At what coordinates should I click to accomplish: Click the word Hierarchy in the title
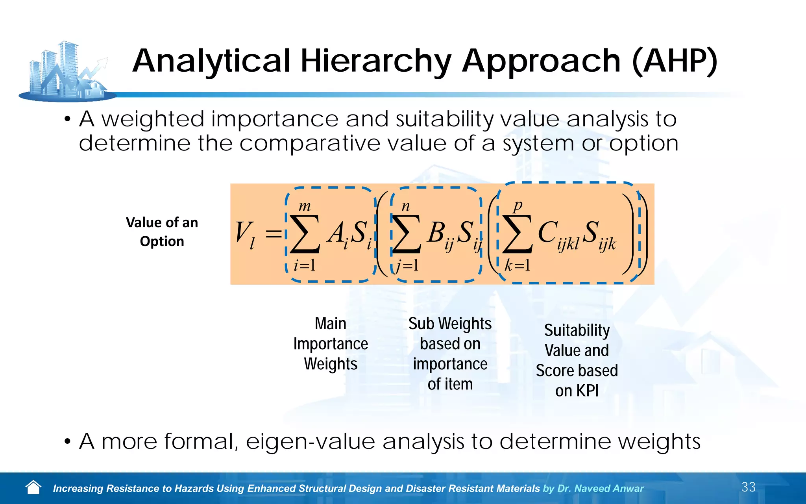pos(376,62)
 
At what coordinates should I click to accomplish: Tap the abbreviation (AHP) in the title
pos(675,62)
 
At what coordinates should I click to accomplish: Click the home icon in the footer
pos(33,487)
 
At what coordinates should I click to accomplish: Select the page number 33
pos(748,487)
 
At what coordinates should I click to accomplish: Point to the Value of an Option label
pos(162,232)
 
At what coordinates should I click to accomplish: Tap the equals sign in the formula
pos(274,234)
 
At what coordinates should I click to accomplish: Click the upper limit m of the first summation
pos(305,206)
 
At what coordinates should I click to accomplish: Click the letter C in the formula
pos(547,232)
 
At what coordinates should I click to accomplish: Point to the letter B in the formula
pos(436,232)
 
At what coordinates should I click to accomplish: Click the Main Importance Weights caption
pos(331,344)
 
